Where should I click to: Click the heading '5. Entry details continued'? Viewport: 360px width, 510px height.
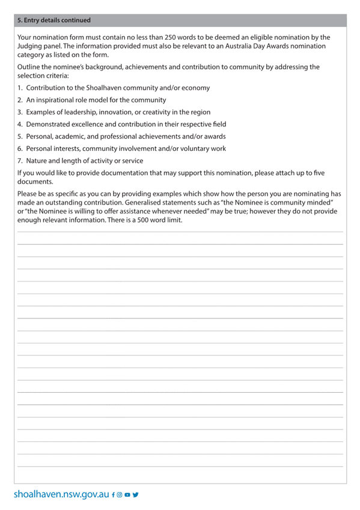(x=54, y=20)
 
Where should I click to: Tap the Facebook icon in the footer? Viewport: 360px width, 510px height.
(x=113, y=495)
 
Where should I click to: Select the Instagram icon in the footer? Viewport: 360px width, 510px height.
(x=120, y=495)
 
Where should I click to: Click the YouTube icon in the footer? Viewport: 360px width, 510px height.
(x=127, y=495)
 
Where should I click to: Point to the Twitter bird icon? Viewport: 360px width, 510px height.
(x=135, y=495)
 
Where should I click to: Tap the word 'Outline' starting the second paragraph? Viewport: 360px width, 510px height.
(x=30, y=67)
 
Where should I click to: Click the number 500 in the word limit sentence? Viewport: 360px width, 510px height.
(x=153, y=220)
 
